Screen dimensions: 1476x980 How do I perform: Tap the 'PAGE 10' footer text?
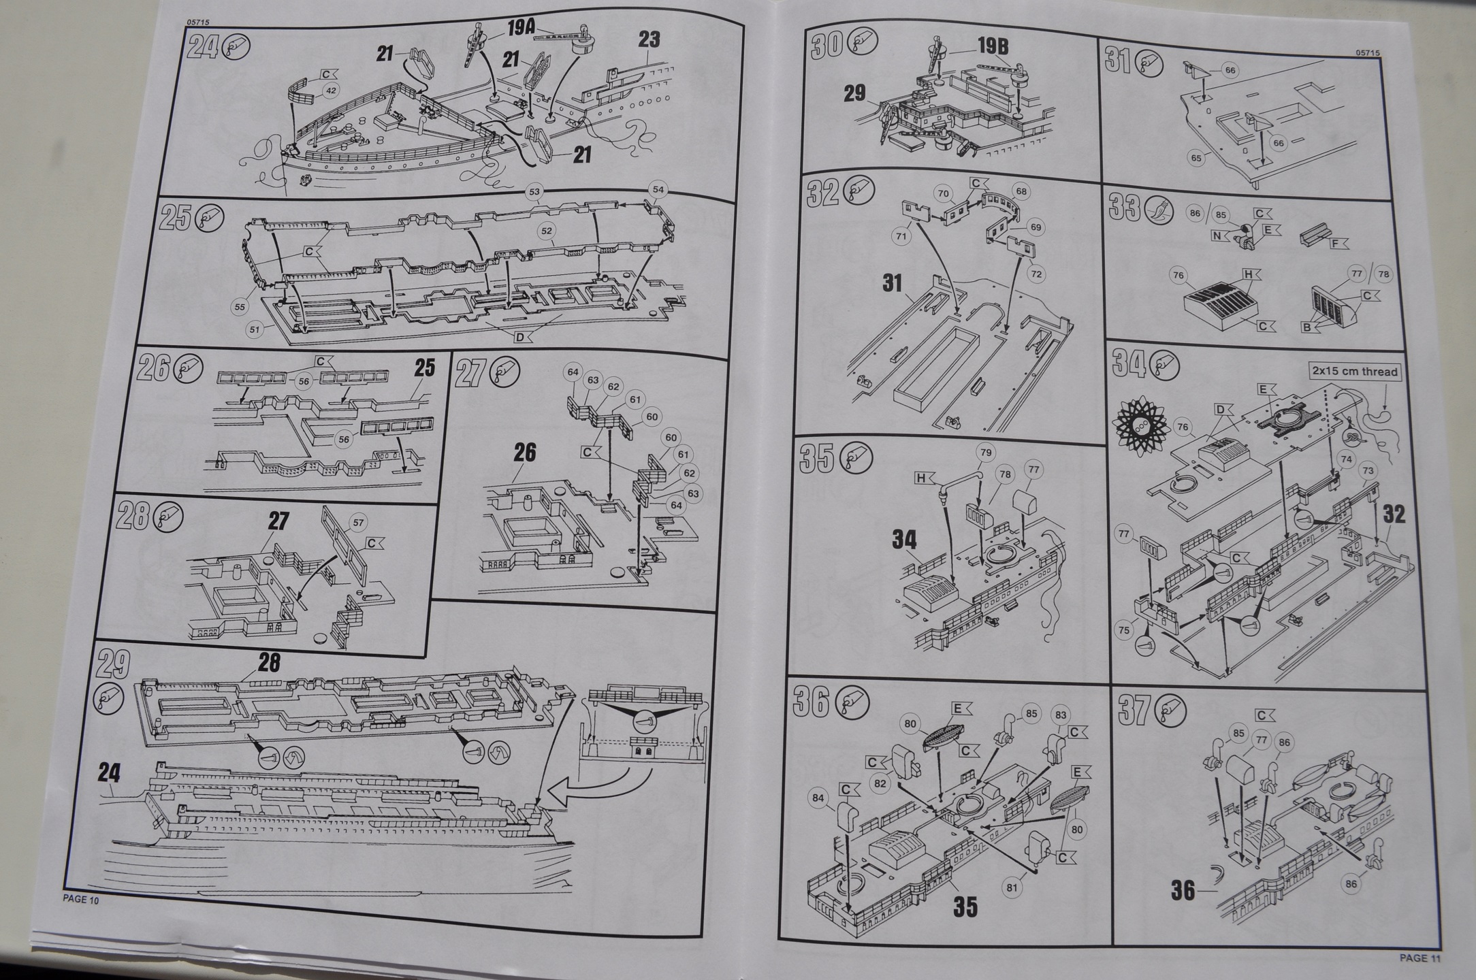pos(80,899)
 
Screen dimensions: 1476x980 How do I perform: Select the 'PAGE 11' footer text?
pos(1419,958)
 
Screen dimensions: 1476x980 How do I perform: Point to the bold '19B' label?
pos(992,46)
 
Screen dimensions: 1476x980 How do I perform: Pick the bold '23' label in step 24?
pos(648,40)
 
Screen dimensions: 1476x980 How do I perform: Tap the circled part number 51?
pos(255,330)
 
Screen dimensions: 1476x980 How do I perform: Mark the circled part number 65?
pos(1196,157)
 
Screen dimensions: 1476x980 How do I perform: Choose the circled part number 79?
pos(984,453)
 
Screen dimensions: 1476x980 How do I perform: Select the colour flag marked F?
pos(1337,243)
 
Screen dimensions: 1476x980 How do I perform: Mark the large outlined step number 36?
pos(812,702)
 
